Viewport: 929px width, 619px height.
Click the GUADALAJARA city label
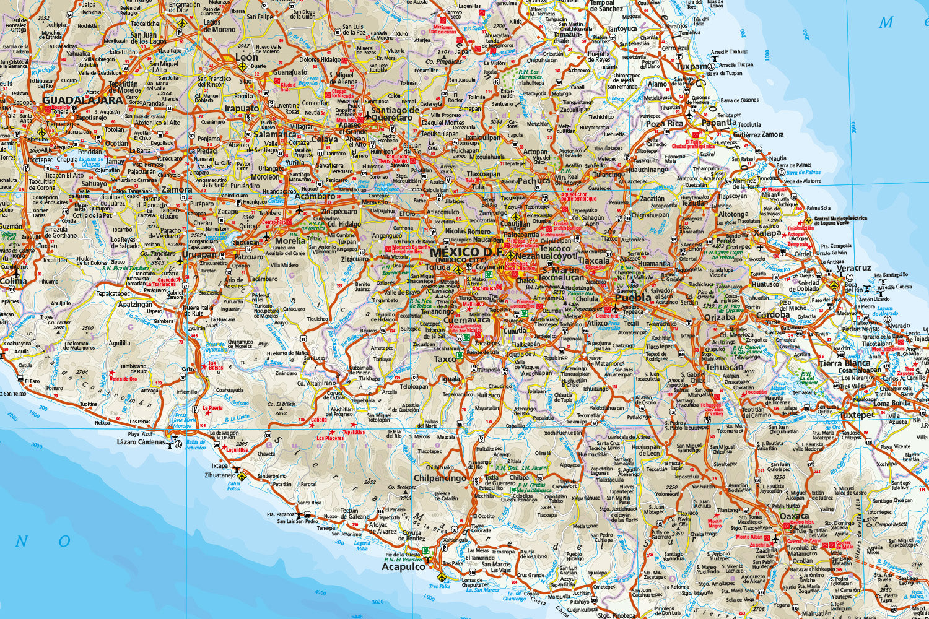(83, 100)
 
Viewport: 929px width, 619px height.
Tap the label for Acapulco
(403, 566)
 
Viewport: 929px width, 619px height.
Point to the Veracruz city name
(853, 268)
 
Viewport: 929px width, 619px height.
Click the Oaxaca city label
(794, 516)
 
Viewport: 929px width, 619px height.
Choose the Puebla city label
(633, 297)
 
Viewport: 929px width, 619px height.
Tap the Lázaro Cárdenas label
(141, 442)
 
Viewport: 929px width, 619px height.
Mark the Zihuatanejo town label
(220, 475)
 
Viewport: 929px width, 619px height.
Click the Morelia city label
(290, 241)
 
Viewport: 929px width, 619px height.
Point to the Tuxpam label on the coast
(691, 66)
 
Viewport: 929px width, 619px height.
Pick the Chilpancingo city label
(440, 478)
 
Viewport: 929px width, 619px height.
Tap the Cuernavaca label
(466, 320)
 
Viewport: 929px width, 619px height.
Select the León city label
(246, 57)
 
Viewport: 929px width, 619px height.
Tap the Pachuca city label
(533, 181)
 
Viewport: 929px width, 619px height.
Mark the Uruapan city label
(199, 254)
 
